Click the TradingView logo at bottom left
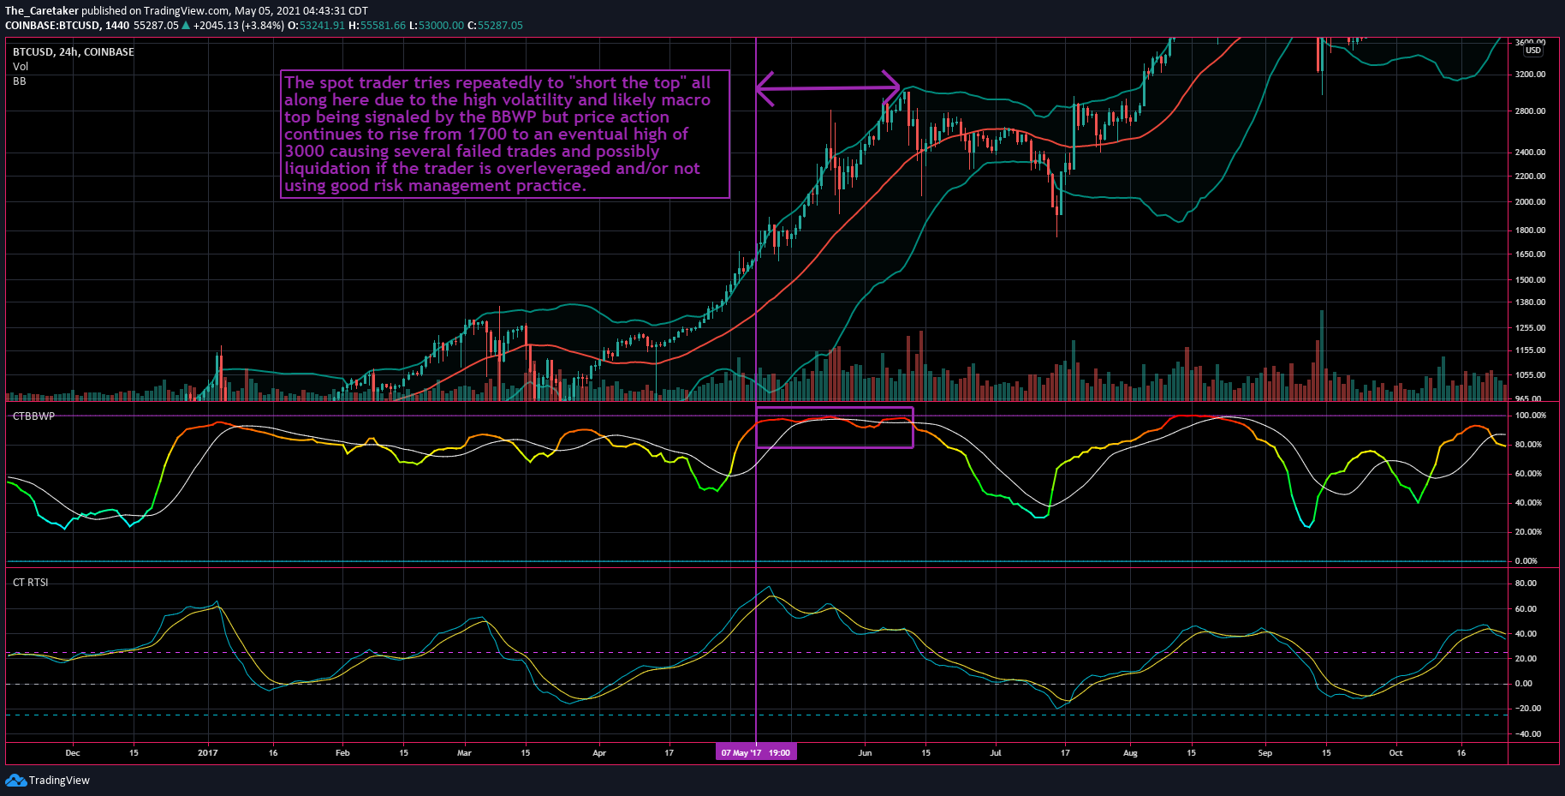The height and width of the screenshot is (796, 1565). click(48, 780)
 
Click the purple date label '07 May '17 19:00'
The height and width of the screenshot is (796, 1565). click(755, 752)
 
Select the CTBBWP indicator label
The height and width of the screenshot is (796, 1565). click(33, 416)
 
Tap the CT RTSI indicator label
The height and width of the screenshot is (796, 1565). click(30, 583)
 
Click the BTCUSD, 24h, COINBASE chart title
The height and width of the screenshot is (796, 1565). click(73, 52)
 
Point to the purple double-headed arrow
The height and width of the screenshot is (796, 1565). click(827, 87)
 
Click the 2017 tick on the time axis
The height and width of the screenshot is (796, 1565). click(207, 753)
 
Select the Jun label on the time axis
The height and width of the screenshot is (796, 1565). click(865, 753)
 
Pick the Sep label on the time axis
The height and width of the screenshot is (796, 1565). click(1264, 753)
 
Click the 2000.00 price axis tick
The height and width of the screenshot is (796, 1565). click(1530, 202)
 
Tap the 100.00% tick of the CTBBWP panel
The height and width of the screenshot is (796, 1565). click(1530, 416)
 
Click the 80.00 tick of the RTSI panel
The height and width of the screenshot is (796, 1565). click(1526, 584)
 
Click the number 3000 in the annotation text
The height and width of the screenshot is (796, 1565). click(304, 152)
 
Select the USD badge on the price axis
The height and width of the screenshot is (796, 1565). click(1532, 51)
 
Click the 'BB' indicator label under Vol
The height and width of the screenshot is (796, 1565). click(19, 81)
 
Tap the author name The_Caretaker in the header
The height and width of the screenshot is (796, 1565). click(41, 11)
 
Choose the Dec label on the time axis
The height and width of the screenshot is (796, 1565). click(72, 753)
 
